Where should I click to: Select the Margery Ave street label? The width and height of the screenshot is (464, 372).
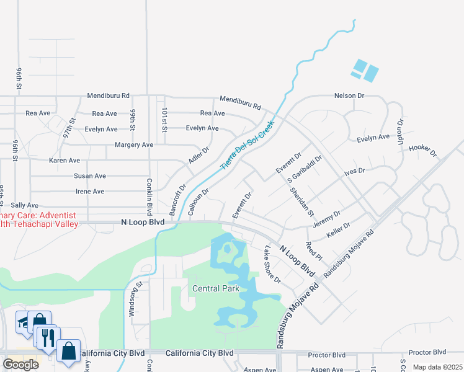(134, 145)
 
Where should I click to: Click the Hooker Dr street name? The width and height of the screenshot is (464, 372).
(422, 151)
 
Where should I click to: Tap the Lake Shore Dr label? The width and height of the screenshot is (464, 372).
(272, 264)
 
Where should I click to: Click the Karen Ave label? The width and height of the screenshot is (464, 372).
(65, 161)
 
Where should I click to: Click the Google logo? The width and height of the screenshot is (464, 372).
(20, 364)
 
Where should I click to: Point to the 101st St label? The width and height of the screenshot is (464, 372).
(164, 117)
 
